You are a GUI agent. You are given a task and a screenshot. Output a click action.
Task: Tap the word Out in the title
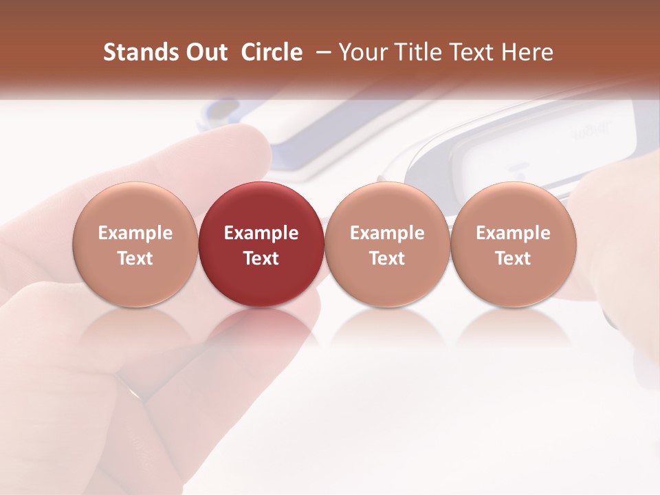pyautogui.click(x=204, y=52)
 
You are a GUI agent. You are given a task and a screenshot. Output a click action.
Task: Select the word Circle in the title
pyautogui.click(x=272, y=52)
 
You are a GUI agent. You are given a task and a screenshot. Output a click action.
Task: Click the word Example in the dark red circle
pyautogui.click(x=261, y=233)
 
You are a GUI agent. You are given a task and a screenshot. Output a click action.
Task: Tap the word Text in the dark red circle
pyautogui.click(x=261, y=258)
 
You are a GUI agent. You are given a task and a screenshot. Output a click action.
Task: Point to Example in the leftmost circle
pyautogui.click(x=135, y=233)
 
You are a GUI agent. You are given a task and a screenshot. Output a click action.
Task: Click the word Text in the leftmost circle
pyautogui.click(x=135, y=258)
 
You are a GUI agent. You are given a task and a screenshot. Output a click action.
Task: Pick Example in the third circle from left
pyautogui.click(x=387, y=233)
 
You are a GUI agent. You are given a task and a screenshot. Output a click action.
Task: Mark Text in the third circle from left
pyautogui.click(x=387, y=258)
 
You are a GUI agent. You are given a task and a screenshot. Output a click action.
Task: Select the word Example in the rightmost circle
pyautogui.click(x=514, y=233)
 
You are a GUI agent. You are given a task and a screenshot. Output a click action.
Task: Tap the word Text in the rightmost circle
pyautogui.click(x=514, y=258)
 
